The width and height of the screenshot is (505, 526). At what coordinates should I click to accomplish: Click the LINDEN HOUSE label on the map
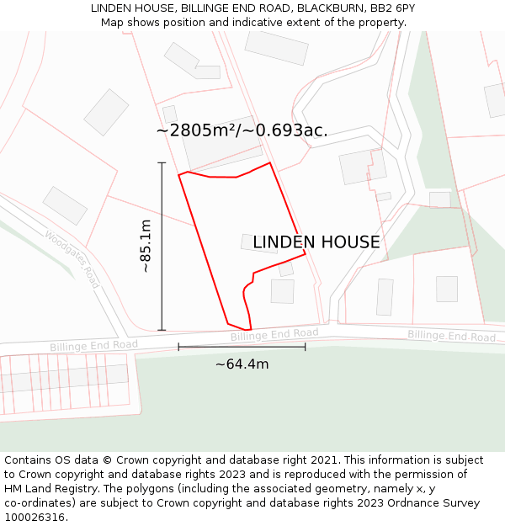click(x=316, y=242)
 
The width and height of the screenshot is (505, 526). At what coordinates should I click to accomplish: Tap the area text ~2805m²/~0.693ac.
click(x=242, y=130)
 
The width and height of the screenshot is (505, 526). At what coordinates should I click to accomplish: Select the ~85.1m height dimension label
click(x=146, y=246)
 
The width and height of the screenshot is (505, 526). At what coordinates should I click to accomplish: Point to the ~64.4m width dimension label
click(x=242, y=364)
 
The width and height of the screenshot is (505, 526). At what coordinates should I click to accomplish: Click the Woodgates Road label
click(x=72, y=259)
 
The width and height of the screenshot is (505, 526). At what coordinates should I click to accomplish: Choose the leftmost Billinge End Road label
click(x=93, y=346)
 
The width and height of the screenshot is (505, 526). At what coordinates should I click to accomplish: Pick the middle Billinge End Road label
click(x=274, y=334)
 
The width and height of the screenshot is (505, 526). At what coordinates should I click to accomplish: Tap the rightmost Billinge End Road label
click(x=451, y=336)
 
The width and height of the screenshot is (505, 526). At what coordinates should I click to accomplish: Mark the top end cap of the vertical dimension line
click(x=162, y=162)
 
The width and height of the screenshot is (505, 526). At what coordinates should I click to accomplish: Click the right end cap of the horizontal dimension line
click(x=305, y=347)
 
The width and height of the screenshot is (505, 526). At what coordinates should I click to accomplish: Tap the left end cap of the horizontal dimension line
click(x=178, y=347)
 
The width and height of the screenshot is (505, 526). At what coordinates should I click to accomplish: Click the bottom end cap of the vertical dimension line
click(x=162, y=330)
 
